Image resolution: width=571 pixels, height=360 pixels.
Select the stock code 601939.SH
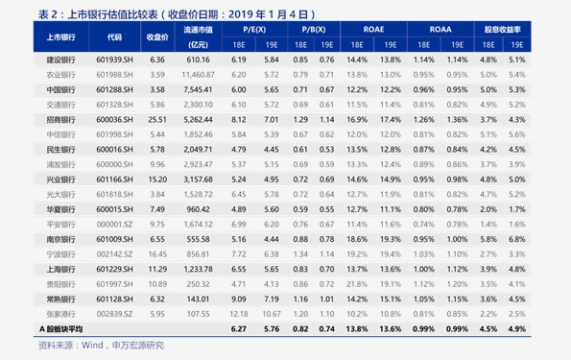click(x=115, y=60)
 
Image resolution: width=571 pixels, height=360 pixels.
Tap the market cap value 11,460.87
click(x=199, y=74)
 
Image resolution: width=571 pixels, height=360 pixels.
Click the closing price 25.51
click(x=158, y=119)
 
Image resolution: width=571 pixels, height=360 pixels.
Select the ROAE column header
click(x=373, y=30)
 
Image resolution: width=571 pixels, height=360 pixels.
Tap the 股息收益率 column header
click(x=503, y=30)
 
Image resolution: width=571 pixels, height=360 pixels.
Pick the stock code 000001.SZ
click(x=115, y=224)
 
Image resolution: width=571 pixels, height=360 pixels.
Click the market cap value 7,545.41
click(x=199, y=89)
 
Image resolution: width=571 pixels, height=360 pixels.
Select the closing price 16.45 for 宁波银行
click(x=158, y=253)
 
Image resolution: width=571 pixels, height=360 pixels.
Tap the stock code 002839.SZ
click(x=115, y=313)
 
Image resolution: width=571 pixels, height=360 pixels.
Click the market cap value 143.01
click(x=199, y=299)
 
